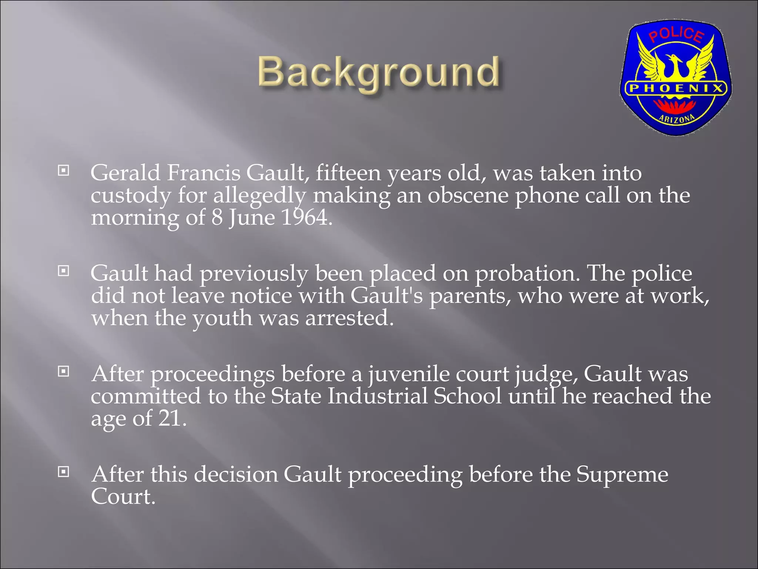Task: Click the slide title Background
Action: (379, 72)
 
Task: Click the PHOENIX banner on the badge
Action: (676, 89)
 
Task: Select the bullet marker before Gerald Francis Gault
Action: (64, 171)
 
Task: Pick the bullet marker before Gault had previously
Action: (64, 271)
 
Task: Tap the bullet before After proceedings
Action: (64, 371)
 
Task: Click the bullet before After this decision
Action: (64, 472)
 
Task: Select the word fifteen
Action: (348, 173)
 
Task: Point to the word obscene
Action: (468, 195)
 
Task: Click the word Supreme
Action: (622, 474)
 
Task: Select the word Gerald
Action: (125, 173)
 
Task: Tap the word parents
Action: (470, 296)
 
